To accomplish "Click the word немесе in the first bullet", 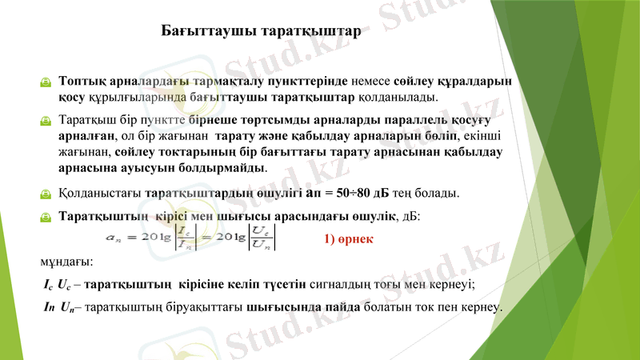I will tap(371, 82).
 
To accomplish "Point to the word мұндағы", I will tap(66, 262).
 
